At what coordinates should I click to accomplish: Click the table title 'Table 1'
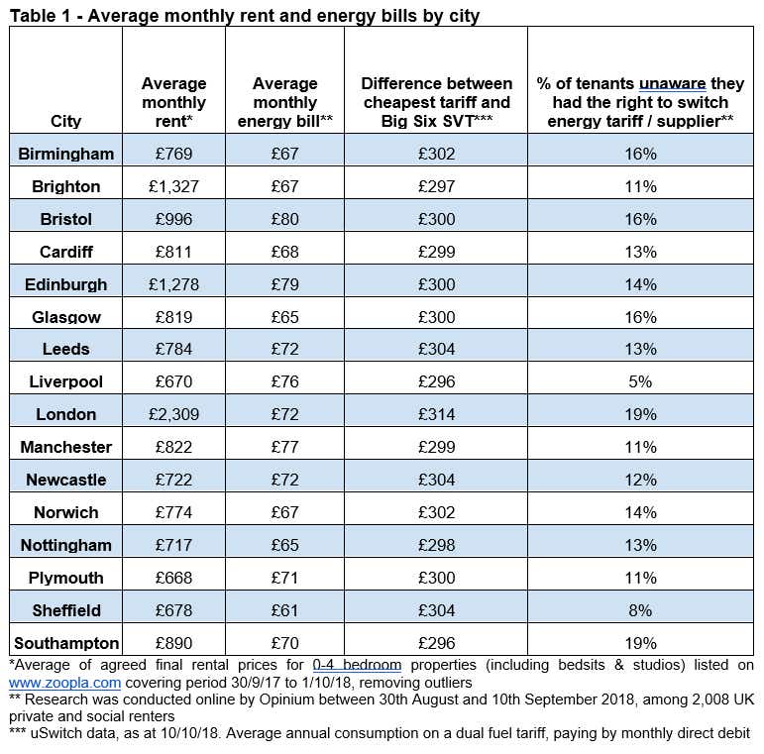pyautogui.click(x=42, y=16)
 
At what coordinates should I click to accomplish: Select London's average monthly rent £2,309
pyautogui.click(x=174, y=414)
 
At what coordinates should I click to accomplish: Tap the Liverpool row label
pyautogui.click(x=65, y=381)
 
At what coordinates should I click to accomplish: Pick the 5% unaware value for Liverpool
pyautogui.click(x=640, y=381)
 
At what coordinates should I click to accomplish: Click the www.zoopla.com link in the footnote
pyautogui.click(x=64, y=683)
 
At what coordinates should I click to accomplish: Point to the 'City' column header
pyautogui.click(x=65, y=121)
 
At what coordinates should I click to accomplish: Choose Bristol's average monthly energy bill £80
pyautogui.click(x=285, y=219)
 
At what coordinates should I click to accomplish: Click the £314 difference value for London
pyautogui.click(x=437, y=414)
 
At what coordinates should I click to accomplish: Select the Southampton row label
pyautogui.click(x=66, y=643)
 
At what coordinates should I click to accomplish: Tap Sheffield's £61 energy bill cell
pyautogui.click(x=285, y=610)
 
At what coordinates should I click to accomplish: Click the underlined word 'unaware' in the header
pyautogui.click(x=673, y=84)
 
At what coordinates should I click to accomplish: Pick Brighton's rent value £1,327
pyautogui.click(x=174, y=186)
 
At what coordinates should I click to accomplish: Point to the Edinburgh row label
pyautogui.click(x=65, y=284)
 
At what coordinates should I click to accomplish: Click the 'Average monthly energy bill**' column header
pyautogui.click(x=285, y=102)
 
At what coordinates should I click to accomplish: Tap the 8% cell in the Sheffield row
pyautogui.click(x=640, y=610)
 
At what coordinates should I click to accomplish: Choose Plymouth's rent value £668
pyautogui.click(x=174, y=578)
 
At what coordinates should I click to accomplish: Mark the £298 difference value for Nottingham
pyautogui.click(x=437, y=545)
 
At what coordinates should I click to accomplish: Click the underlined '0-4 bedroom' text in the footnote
pyautogui.click(x=357, y=665)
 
